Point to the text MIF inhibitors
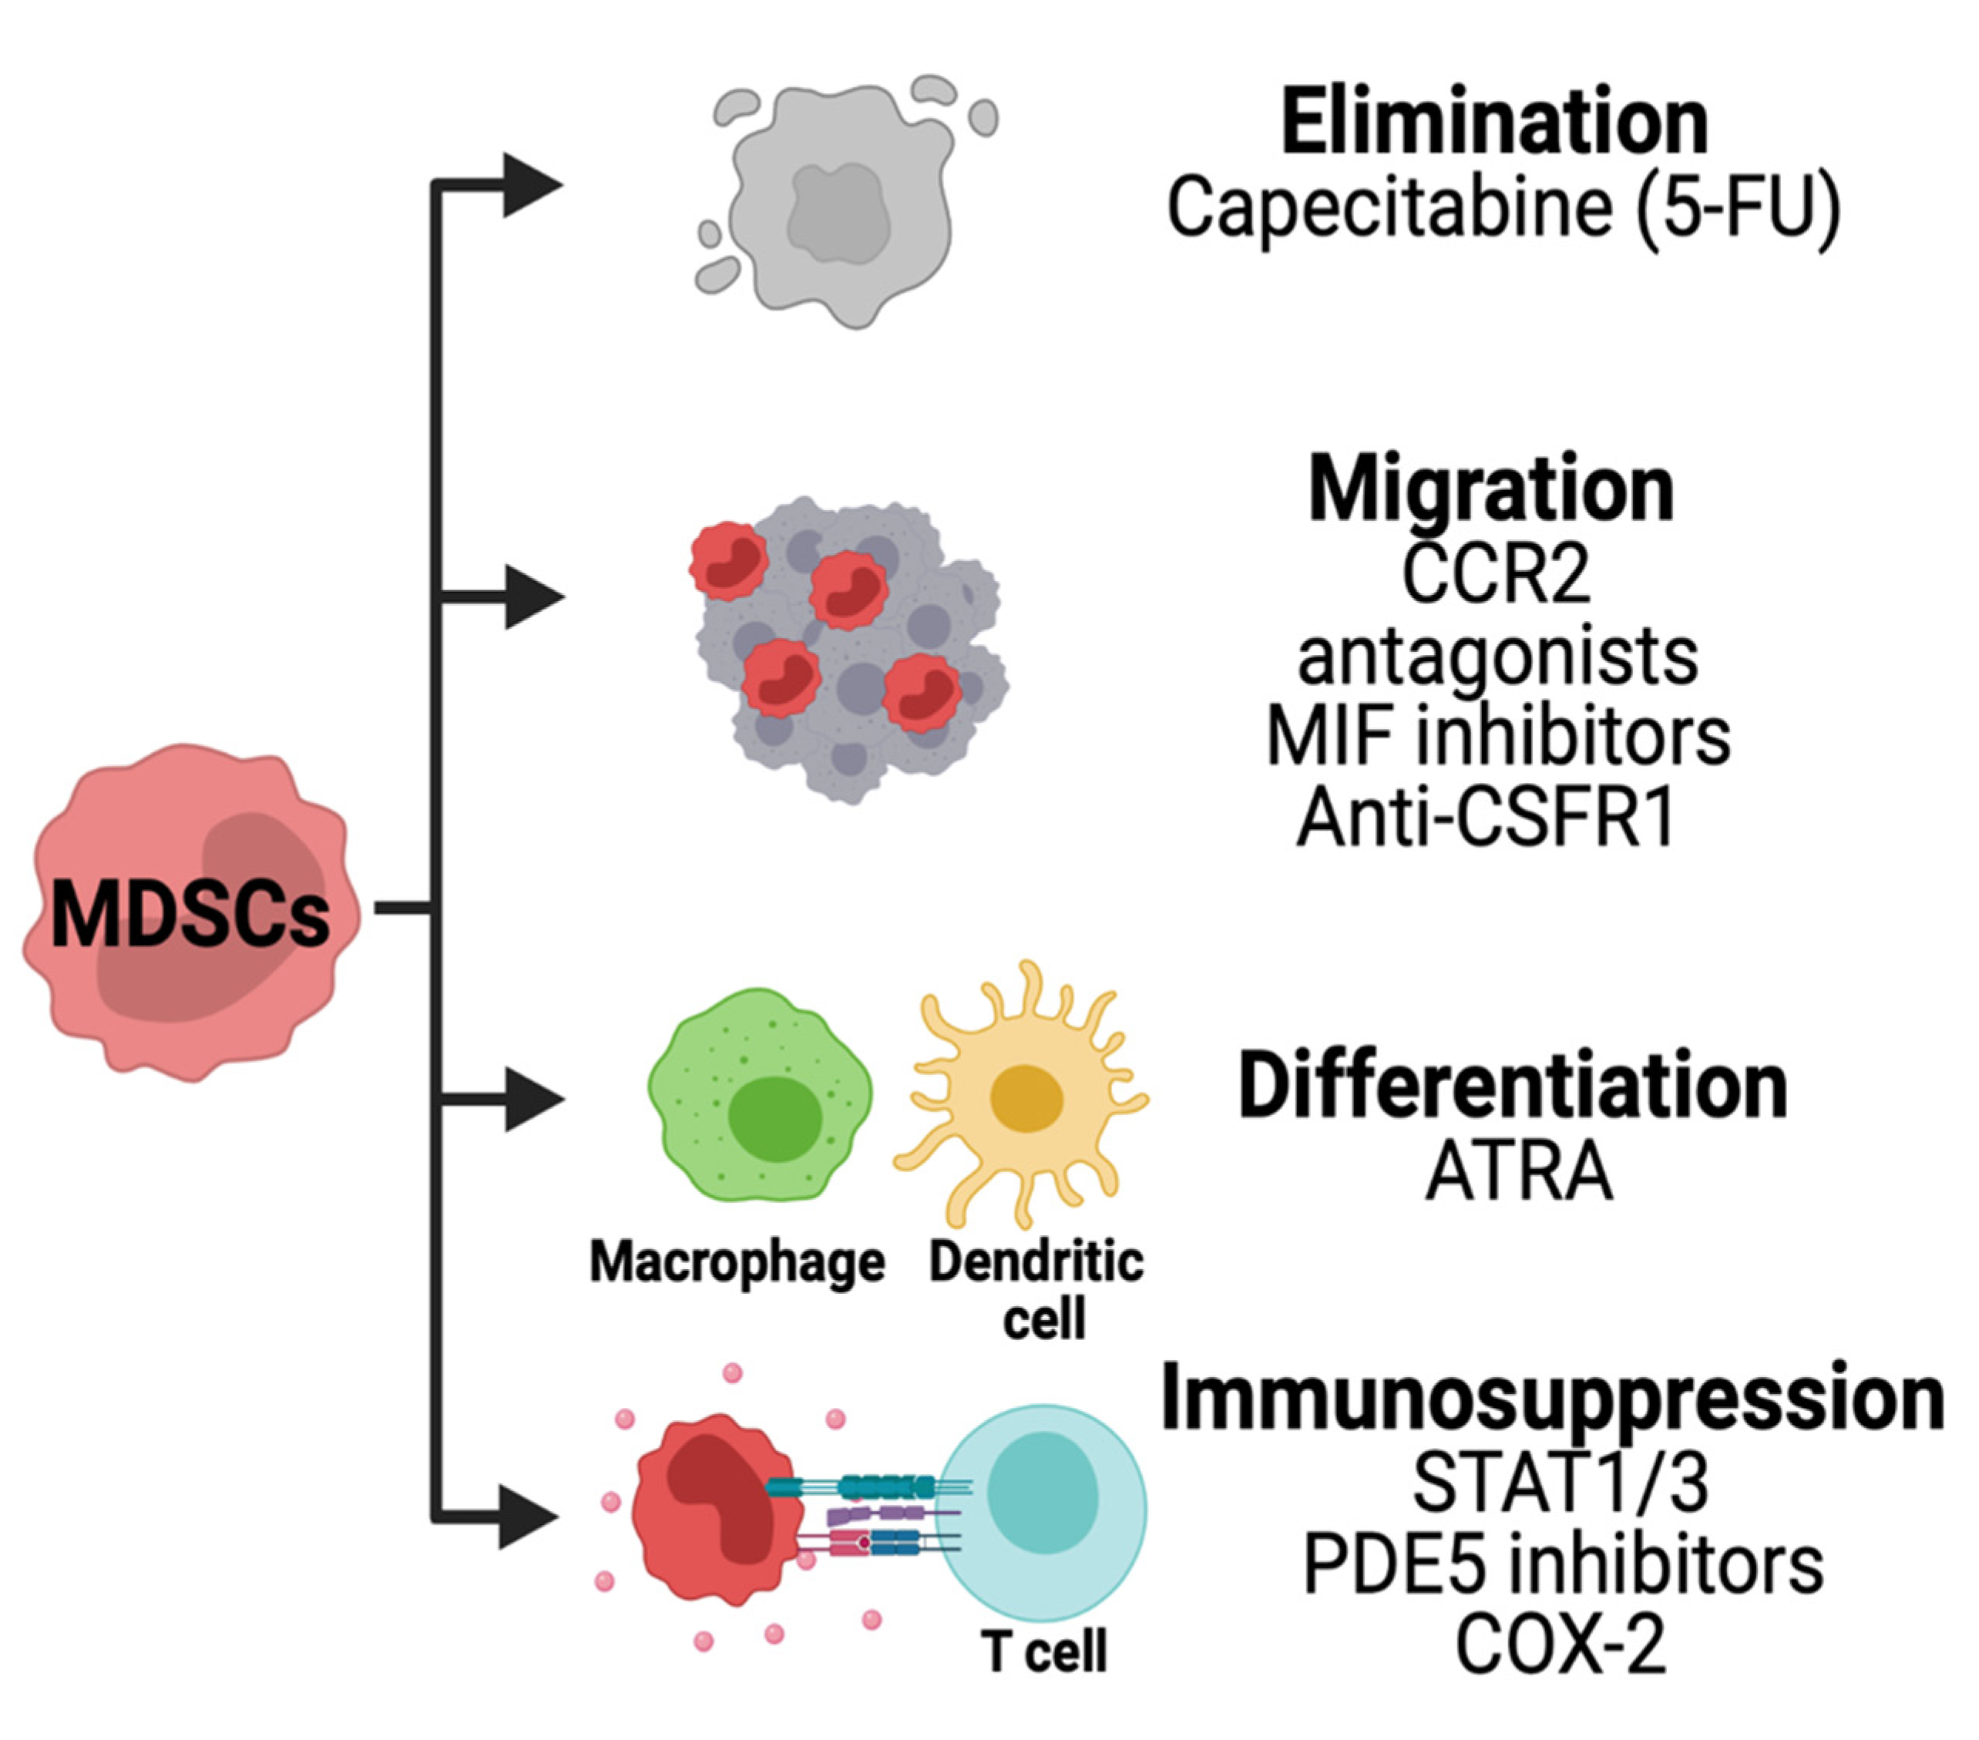1498,737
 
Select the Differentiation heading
1512,1087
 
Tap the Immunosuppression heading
1552,1398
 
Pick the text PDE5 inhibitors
1563,1567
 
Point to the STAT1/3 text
1560,1484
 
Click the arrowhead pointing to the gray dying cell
530,184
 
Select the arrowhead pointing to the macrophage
533,1099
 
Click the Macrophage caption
737,1265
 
